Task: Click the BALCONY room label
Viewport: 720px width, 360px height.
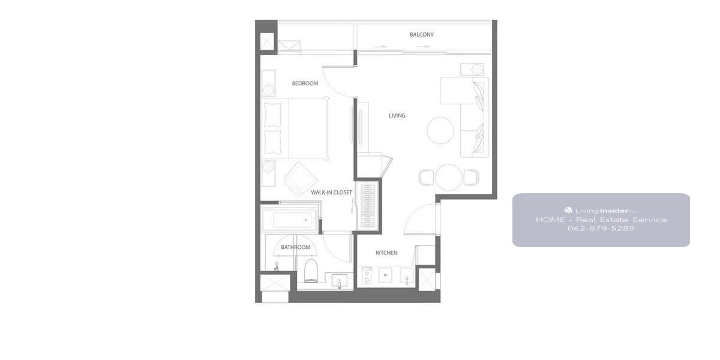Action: coord(421,34)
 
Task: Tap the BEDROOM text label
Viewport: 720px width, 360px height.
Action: coord(305,83)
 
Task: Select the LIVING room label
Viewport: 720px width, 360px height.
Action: coord(397,115)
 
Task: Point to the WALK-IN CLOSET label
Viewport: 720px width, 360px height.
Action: coord(331,192)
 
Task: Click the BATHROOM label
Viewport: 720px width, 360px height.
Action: coord(295,247)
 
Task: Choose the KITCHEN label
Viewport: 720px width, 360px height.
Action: coord(386,253)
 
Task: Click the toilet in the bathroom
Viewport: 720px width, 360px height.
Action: coord(311,271)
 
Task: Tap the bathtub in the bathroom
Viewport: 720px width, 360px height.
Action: coord(290,220)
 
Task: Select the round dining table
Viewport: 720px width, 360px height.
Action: coord(448,178)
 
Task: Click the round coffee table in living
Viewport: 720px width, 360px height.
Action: coord(440,131)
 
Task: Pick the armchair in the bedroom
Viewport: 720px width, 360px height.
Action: coord(301,178)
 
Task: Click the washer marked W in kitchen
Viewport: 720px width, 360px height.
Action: coord(385,275)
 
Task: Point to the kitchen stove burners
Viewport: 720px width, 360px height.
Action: coord(367,276)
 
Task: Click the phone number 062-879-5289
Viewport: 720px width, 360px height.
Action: coord(601,229)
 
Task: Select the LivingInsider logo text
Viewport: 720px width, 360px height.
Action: coord(601,211)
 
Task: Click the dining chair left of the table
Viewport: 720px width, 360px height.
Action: coord(426,178)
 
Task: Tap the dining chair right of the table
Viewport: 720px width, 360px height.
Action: coord(471,178)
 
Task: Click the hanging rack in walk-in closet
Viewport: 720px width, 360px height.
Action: coord(367,206)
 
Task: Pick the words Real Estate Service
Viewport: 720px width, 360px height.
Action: coord(622,220)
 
